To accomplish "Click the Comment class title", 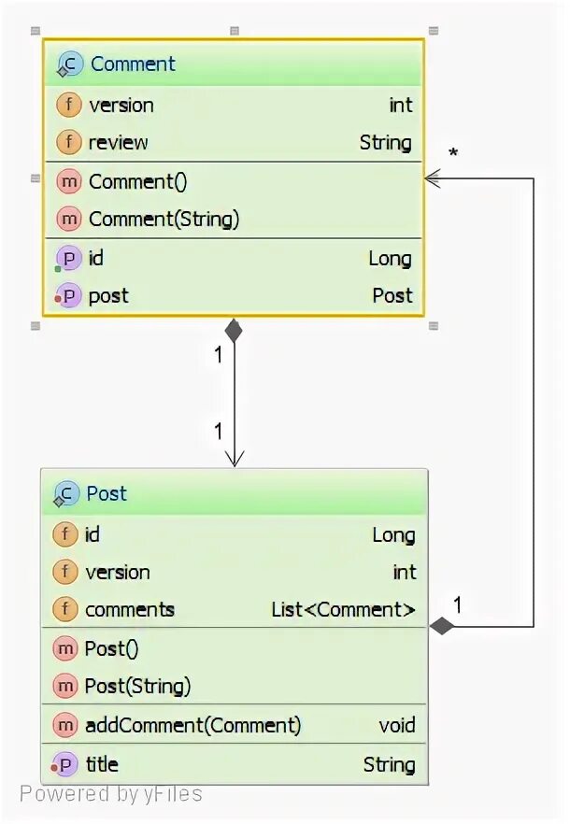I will pyautogui.click(x=132, y=64).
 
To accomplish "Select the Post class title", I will pyautogui.click(x=107, y=493).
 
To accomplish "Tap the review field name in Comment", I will pyautogui.click(x=118, y=142).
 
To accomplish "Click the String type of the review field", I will pyautogui.click(x=385, y=142).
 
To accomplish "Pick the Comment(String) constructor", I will pyautogui.click(x=164, y=220).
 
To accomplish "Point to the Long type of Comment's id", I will pyautogui.click(x=390, y=259).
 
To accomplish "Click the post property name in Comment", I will pyautogui.click(x=108, y=296).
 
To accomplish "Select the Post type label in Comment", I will pyautogui.click(x=392, y=296).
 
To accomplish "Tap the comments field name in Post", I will pyautogui.click(x=130, y=610).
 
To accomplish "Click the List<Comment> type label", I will pyautogui.click(x=343, y=610).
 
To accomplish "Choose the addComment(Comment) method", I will pyautogui.click(x=192, y=725).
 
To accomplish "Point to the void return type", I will pyautogui.click(x=397, y=725).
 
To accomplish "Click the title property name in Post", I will pyautogui.click(x=102, y=764).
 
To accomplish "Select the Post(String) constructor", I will pyautogui.click(x=137, y=687).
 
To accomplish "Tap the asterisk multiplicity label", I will pyautogui.click(x=453, y=152).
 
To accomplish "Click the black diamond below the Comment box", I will pyautogui.click(x=234, y=330).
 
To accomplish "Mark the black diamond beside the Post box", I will pyautogui.click(x=441, y=626).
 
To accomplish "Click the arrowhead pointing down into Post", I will pyautogui.click(x=234, y=458).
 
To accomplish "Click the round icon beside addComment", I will pyautogui.click(x=65, y=725).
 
